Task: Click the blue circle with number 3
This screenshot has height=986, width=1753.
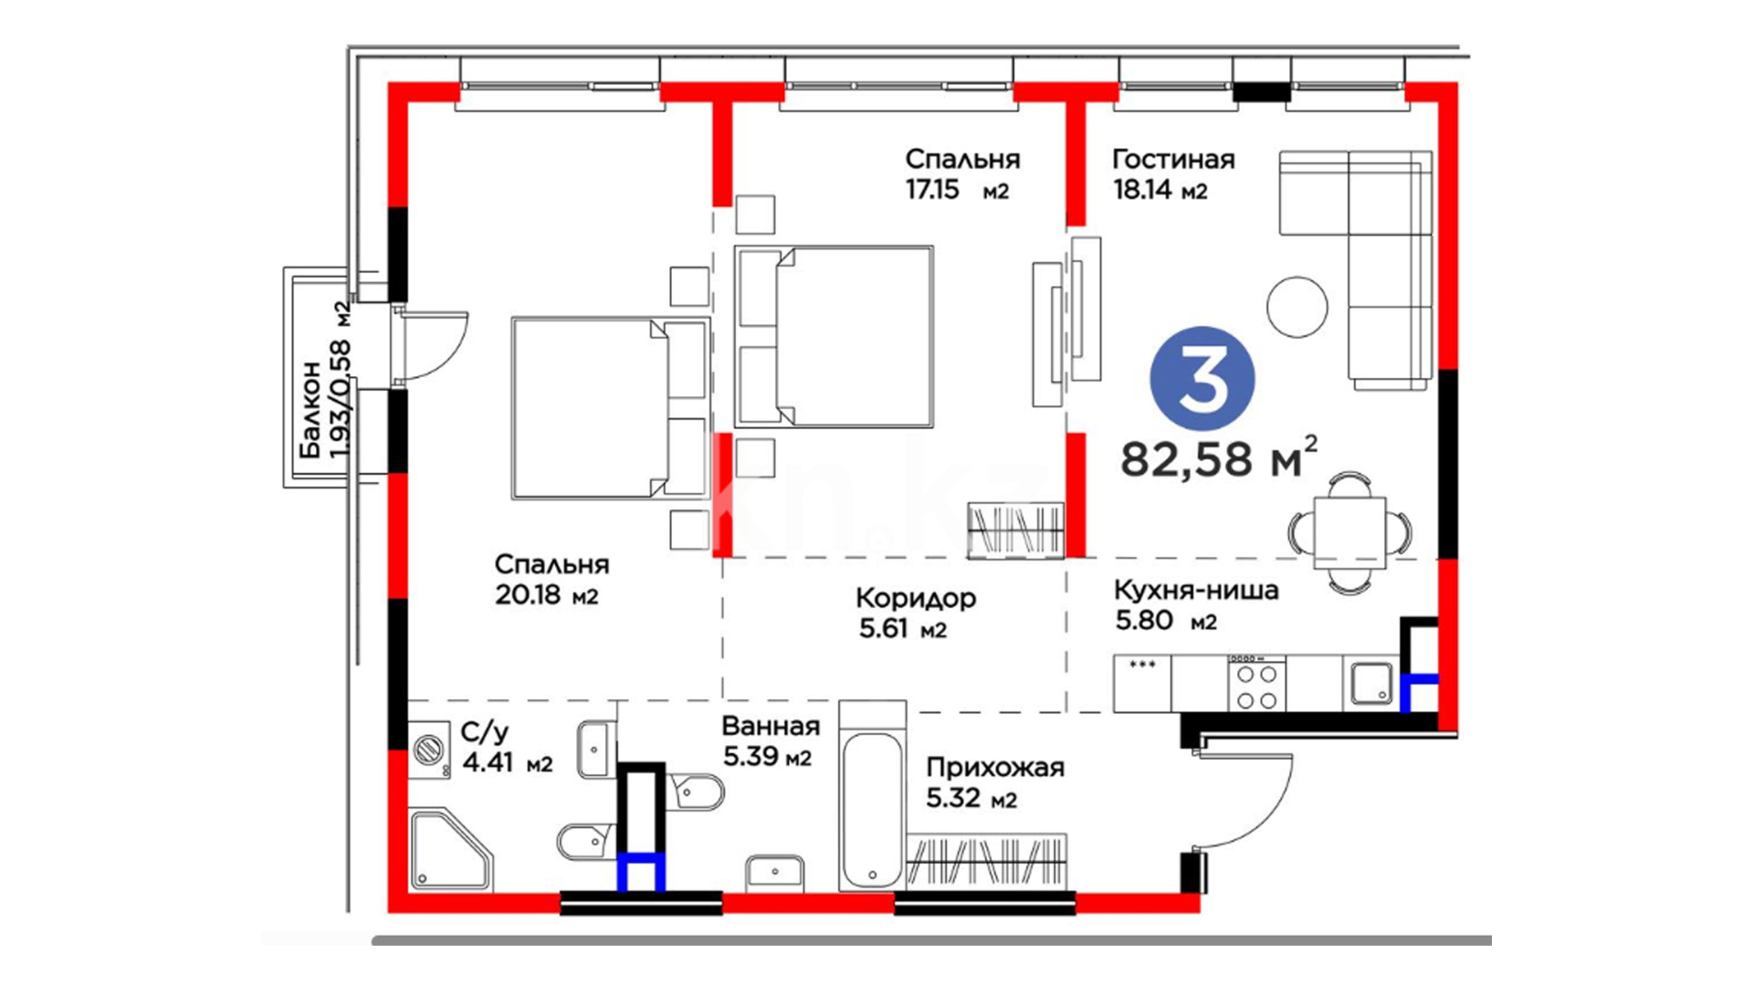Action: pos(1202,379)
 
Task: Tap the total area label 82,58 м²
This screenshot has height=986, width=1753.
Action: pos(1219,457)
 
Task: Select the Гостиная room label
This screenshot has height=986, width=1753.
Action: pos(1173,160)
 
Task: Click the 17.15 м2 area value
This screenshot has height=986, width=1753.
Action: pos(957,190)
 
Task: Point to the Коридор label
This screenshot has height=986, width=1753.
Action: pos(916,598)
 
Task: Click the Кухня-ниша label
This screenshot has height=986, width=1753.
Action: pos(1196,591)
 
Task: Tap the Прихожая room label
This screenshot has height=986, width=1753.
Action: pos(995,768)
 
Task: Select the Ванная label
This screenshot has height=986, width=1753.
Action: pos(771,727)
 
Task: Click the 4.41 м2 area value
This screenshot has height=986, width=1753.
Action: pos(508,762)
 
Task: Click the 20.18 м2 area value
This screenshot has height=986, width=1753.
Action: pos(546,595)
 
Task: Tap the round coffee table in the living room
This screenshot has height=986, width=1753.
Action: pos(1296,307)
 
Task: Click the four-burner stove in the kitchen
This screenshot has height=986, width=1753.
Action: pos(1256,685)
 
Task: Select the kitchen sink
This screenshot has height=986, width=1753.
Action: pos(1370,684)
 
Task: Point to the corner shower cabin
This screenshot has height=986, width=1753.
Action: pos(449,850)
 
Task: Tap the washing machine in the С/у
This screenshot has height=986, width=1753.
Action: pos(428,750)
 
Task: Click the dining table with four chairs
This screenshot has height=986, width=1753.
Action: pos(1350,532)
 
